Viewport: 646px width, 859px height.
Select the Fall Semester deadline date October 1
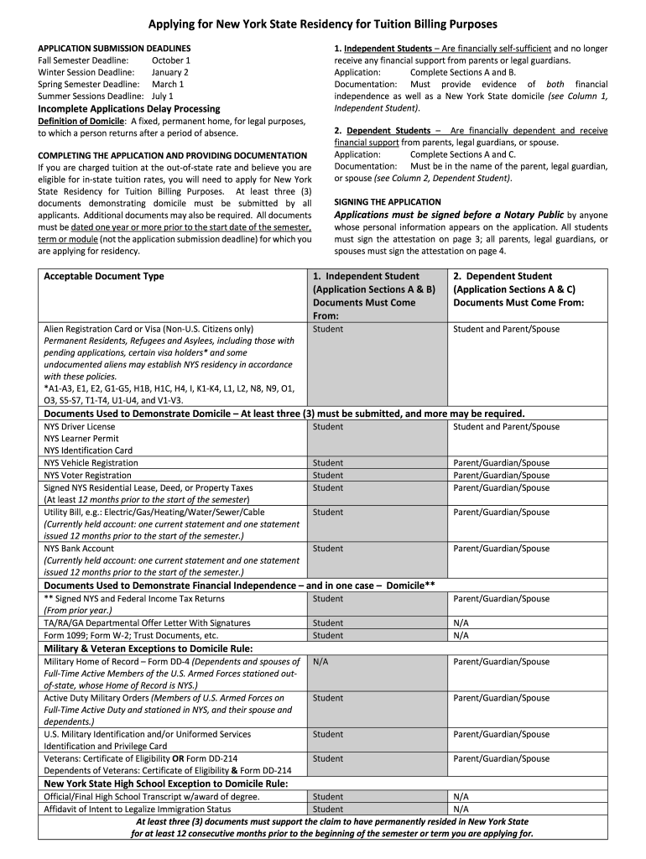171,60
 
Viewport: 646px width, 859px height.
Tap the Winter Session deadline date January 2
171,72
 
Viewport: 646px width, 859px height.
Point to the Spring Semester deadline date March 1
168,84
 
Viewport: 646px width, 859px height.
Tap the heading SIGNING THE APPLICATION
387,202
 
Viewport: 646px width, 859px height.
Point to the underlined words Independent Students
387,49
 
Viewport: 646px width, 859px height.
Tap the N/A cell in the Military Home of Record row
320,662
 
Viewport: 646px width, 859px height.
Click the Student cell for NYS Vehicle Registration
327,463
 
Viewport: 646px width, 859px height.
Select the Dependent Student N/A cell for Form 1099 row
461,636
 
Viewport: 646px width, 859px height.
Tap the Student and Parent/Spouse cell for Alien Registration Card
506,330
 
